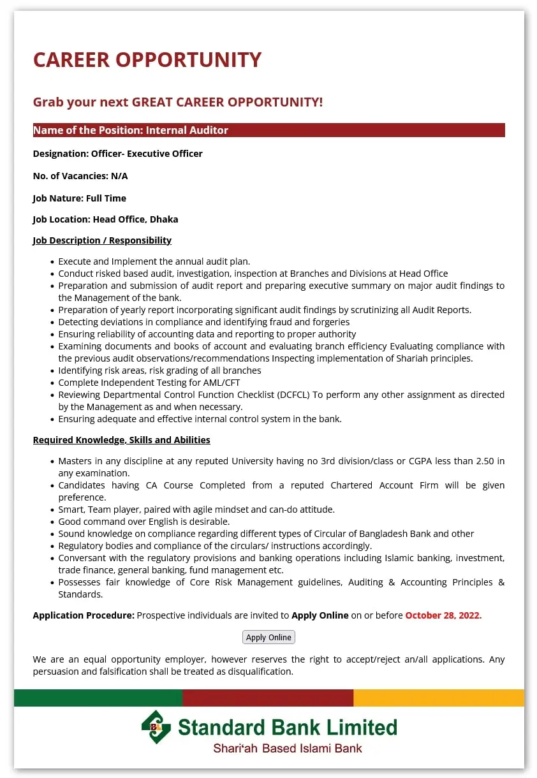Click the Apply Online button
tap(268, 637)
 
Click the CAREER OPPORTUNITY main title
tap(147, 60)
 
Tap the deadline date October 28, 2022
tap(443, 615)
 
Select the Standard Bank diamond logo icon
tap(156, 727)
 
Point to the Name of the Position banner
tap(268, 130)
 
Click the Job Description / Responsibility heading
tap(102, 240)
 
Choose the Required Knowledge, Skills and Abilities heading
tap(121, 440)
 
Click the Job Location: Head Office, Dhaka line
tap(105, 219)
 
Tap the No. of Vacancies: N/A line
tap(80, 176)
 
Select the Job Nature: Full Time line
tap(80, 198)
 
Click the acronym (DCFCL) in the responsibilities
tap(293, 395)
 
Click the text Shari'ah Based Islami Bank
tap(288, 749)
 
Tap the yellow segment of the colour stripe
tap(439, 698)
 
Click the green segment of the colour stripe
tap(98, 698)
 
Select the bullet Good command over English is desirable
tap(144, 522)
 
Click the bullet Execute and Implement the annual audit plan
tap(154, 261)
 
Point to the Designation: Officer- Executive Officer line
tap(118, 154)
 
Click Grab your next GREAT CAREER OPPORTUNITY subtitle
tap(178, 102)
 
